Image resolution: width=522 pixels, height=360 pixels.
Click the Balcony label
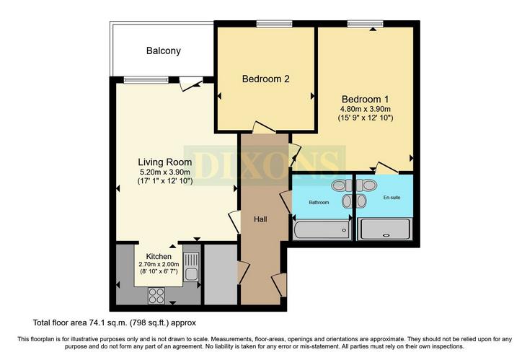164,51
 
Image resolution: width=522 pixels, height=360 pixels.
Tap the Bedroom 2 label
265,79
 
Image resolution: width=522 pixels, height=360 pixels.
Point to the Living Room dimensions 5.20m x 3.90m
165,172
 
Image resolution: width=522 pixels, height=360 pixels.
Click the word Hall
261,219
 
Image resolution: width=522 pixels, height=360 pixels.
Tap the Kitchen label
159,256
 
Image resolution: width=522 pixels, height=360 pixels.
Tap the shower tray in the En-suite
385,229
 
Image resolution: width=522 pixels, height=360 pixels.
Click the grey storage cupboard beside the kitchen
220,275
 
